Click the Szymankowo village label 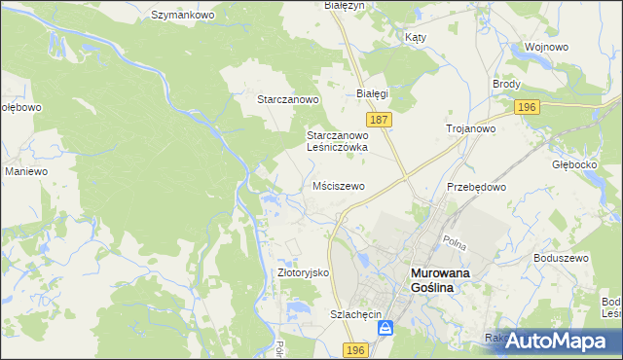182,16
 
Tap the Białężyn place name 343,6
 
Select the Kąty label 415,36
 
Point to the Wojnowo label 545,46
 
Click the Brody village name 507,85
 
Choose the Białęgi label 372,93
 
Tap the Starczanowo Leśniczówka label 336,141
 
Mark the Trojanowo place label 471,128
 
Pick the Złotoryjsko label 305,273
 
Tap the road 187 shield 381,119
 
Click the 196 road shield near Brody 528,107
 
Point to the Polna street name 454,239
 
